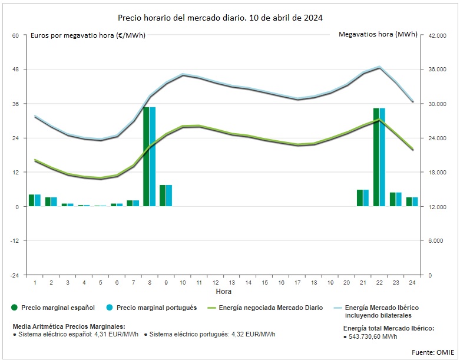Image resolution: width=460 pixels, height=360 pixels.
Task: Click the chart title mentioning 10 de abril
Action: point(220,18)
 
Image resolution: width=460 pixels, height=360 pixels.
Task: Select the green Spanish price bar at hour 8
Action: point(147,157)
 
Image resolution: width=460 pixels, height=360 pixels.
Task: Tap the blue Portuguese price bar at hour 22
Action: point(382,157)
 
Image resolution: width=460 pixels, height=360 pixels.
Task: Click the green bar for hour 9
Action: point(163,196)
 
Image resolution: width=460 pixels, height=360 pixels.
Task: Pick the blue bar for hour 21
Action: point(366,198)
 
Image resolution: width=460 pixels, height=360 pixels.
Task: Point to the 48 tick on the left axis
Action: point(15,70)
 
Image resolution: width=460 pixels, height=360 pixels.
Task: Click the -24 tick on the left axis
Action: point(15,275)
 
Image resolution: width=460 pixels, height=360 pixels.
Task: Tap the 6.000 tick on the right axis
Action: point(436,241)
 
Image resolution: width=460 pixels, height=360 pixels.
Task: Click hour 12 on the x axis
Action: point(216,283)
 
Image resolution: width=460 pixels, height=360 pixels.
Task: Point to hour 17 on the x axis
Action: point(298,283)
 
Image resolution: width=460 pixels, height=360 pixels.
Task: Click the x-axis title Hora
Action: point(224,292)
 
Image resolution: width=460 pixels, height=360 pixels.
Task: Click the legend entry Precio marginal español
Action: point(58,308)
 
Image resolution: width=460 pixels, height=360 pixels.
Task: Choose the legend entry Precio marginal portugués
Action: point(156,308)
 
